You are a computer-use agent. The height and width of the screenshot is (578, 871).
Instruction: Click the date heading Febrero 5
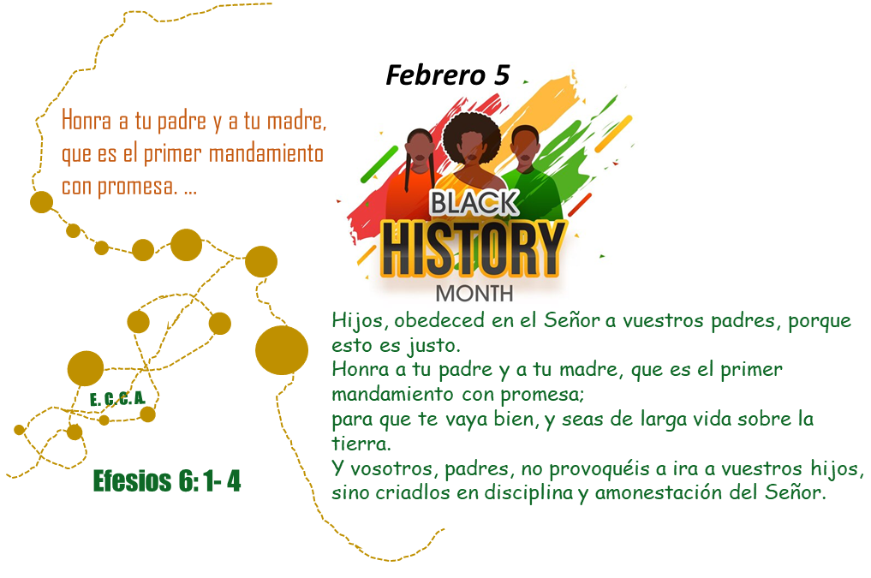point(447,74)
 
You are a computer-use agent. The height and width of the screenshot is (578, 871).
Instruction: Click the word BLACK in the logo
point(474,203)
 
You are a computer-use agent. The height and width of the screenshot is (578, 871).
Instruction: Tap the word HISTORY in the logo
point(474,248)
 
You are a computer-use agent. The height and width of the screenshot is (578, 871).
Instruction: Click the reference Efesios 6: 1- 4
point(167,481)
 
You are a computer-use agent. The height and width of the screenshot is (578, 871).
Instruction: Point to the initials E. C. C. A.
point(118,399)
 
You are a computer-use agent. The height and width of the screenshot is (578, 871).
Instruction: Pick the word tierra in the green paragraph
point(361,444)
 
